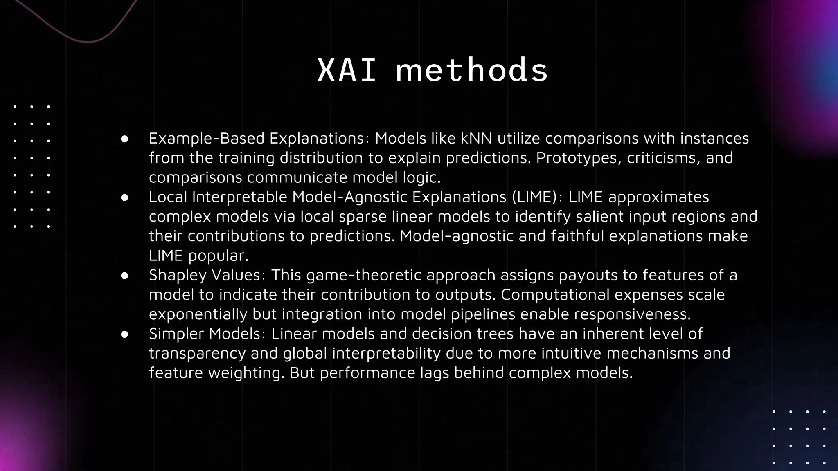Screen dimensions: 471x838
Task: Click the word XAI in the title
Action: coord(347,70)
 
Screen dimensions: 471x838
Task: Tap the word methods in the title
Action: coord(472,70)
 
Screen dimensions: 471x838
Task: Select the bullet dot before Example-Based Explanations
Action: coord(125,139)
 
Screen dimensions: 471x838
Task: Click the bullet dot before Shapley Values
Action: coord(125,276)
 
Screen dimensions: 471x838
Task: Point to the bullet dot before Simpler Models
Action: coord(125,334)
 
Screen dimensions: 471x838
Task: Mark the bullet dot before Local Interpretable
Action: coord(125,197)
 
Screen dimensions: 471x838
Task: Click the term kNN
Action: coord(476,139)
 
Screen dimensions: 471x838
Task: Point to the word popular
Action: coord(218,256)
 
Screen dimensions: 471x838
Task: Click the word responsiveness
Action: coord(632,314)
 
